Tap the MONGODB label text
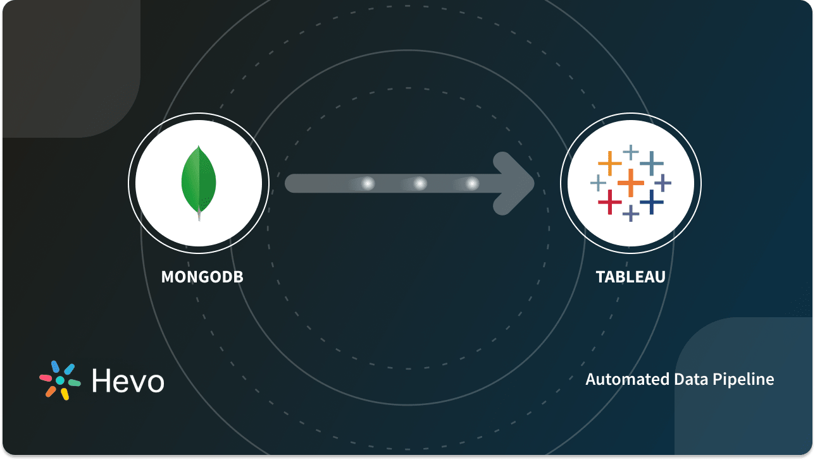pyautogui.click(x=202, y=277)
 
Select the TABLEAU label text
pyautogui.click(x=631, y=277)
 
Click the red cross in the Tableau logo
pyautogui.click(x=610, y=202)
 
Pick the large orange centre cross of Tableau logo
pyautogui.click(x=630, y=183)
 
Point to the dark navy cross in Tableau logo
pyautogui.click(x=651, y=202)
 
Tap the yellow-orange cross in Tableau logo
pyautogui.click(x=610, y=163)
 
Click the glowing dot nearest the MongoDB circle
pyautogui.click(x=367, y=184)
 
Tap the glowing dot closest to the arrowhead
pyautogui.click(x=471, y=184)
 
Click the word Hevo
pyautogui.click(x=128, y=381)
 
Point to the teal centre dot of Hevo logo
pyautogui.click(x=60, y=380)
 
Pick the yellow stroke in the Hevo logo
pyautogui.click(x=65, y=394)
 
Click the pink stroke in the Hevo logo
pyautogui.click(x=46, y=378)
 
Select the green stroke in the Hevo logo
pyautogui.click(x=75, y=383)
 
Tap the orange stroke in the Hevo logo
pyautogui.click(x=50, y=392)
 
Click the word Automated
pyautogui.click(x=619, y=379)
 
